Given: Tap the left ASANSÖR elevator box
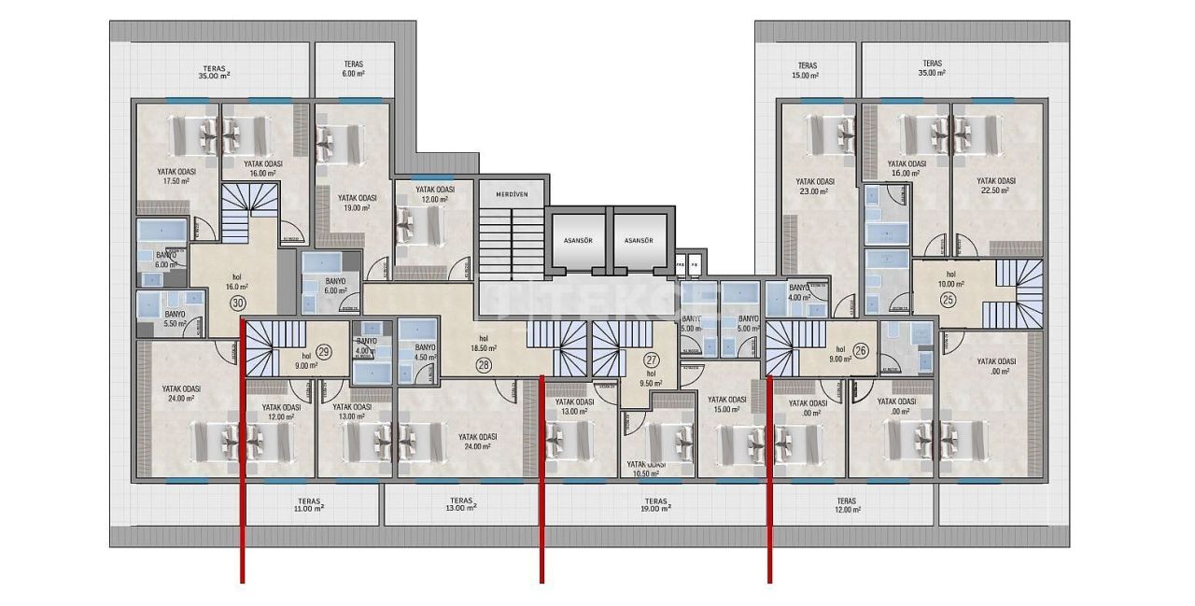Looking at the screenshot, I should [x=579, y=240].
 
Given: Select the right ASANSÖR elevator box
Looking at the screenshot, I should [x=639, y=240].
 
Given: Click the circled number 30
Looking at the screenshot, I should [x=238, y=303].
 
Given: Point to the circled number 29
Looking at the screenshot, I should [x=324, y=351].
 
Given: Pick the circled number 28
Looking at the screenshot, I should [x=483, y=364].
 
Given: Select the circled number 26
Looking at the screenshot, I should [x=860, y=351].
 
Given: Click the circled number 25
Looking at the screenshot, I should [x=948, y=300].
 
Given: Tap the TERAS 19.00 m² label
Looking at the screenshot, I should [x=655, y=505].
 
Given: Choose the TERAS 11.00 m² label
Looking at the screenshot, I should [x=308, y=505].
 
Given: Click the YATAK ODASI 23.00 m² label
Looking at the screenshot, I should [x=814, y=186].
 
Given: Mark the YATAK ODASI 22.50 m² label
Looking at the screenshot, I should [x=995, y=186].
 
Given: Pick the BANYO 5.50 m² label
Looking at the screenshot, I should [x=175, y=320].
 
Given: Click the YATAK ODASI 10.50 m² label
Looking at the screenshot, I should [x=645, y=469].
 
